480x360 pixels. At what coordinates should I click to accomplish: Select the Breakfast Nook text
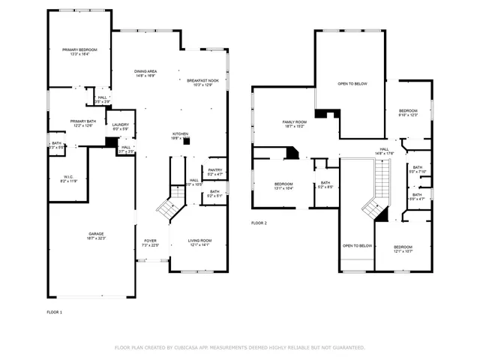pyautogui.click(x=202, y=82)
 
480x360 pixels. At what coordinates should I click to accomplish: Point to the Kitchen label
pyautogui.click(x=180, y=135)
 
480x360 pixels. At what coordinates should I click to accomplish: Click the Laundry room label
pyautogui.click(x=120, y=126)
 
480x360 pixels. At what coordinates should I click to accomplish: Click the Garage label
pyautogui.click(x=96, y=235)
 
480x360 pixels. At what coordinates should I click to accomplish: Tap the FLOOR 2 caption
pyautogui.click(x=259, y=223)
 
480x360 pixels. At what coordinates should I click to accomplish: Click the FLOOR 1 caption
pyautogui.click(x=54, y=311)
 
